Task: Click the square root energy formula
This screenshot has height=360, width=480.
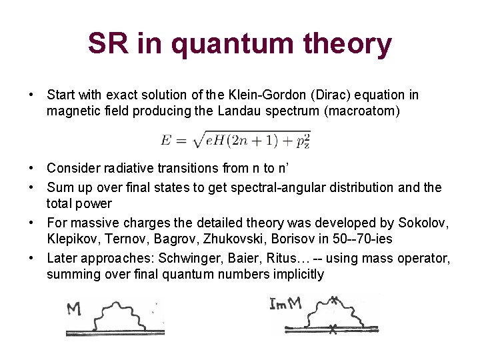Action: click(235, 139)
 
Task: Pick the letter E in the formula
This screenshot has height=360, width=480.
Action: click(165, 140)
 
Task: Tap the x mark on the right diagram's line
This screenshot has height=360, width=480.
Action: click(333, 327)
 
